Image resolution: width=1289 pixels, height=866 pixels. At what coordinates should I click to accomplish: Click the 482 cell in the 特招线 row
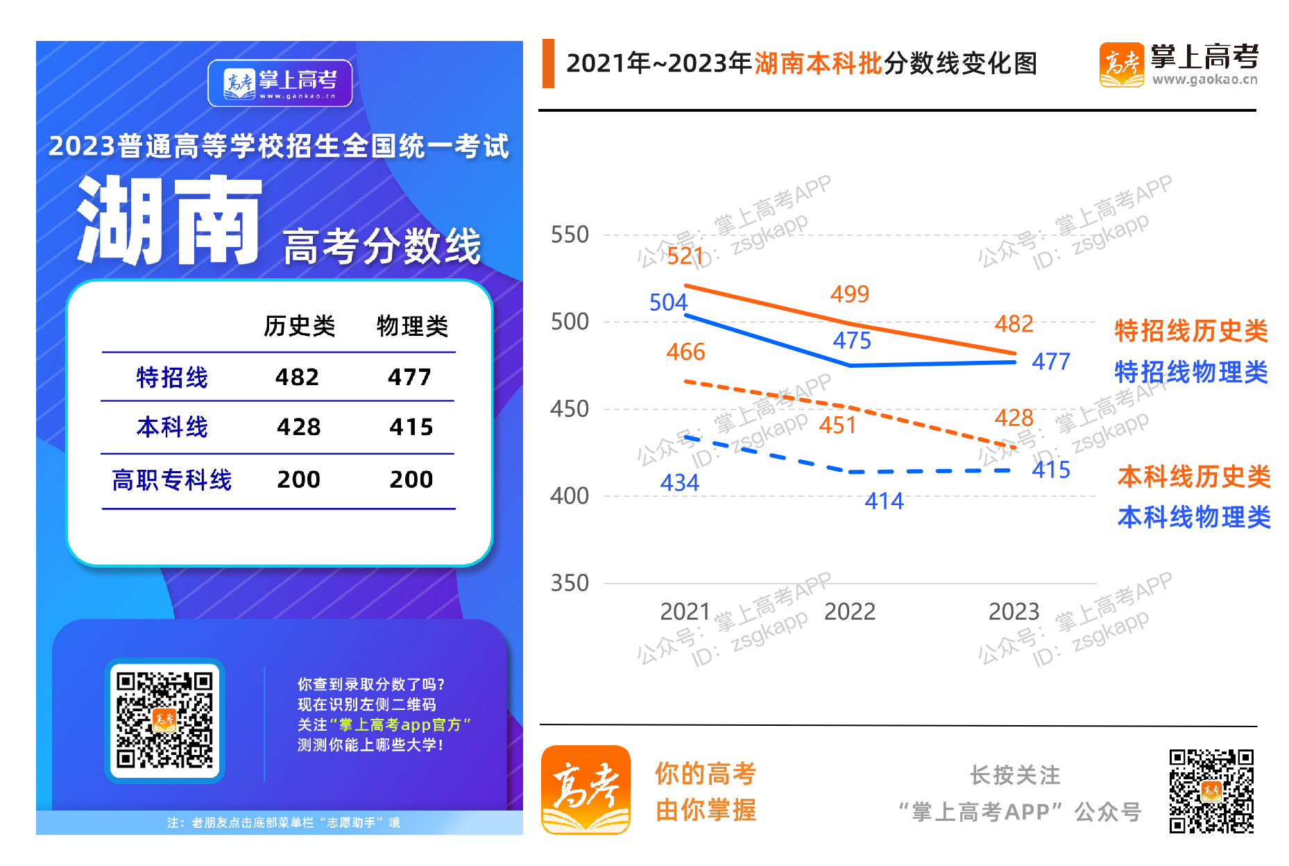297,377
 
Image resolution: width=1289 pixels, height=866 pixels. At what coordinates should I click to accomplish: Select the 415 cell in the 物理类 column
411,427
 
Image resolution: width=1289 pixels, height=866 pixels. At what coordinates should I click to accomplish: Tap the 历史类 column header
299,325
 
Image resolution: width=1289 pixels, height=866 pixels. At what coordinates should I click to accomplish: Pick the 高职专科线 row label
171,479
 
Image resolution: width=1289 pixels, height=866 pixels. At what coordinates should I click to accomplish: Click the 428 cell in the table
298,427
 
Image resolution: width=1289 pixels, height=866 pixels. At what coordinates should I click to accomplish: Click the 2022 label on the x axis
849,611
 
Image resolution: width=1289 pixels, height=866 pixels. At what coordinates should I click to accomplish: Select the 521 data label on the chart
685,256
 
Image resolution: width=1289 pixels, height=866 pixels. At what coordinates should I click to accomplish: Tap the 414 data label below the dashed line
884,500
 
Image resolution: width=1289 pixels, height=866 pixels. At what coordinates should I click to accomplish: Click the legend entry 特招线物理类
1190,372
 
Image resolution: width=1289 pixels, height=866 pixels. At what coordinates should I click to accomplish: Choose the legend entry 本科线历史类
1193,477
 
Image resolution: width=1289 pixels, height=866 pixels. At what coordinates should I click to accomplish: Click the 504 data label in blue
668,303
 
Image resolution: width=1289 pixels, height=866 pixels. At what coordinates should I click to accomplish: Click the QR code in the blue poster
164,720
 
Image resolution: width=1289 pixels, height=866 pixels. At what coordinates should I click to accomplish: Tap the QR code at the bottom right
1211,790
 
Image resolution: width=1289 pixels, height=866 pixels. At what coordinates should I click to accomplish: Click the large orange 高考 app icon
586,789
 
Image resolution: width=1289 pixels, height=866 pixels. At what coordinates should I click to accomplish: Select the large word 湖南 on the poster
170,221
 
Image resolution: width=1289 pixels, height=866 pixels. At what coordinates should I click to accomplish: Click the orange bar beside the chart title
548,63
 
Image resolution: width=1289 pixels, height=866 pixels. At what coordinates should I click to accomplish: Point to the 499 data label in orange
849,294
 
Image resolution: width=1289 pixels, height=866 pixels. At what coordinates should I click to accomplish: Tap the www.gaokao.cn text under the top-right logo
1204,80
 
